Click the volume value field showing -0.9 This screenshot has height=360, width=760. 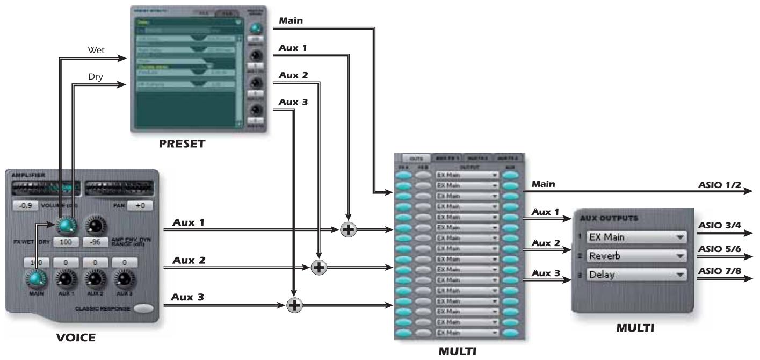point(25,206)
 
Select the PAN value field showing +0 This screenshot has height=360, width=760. point(140,206)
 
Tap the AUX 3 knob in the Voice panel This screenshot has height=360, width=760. point(124,278)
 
